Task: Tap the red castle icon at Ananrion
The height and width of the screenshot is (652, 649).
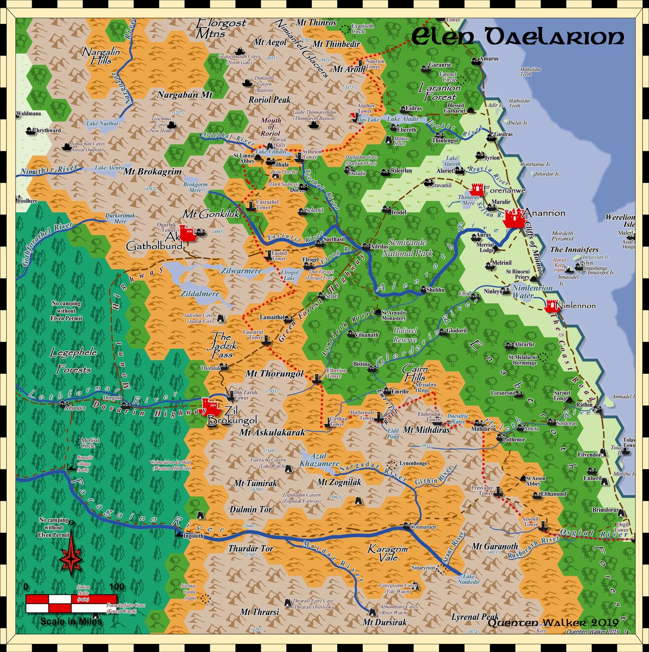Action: (x=514, y=218)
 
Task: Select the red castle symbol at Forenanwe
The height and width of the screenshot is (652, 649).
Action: (x=477, y=190)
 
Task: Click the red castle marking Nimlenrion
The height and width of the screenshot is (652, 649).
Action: (x=551, y=306)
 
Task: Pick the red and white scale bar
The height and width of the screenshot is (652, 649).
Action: (x=71, y=603)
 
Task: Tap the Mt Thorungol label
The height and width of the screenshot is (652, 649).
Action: (x=275, y=373)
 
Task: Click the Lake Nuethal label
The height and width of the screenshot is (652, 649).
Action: (x=102, y=123)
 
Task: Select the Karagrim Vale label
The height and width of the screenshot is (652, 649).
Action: (x=388, y=553)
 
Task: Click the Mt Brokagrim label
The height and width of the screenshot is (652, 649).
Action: (x=152, y=172)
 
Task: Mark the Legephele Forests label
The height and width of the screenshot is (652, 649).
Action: (x=74, y=361)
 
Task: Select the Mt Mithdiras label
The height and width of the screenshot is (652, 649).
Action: (x=426, y=430)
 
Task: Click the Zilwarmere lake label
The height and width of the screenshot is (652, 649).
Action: (x=241, y=271)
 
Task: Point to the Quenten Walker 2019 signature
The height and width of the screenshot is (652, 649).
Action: (x=553, y=622)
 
